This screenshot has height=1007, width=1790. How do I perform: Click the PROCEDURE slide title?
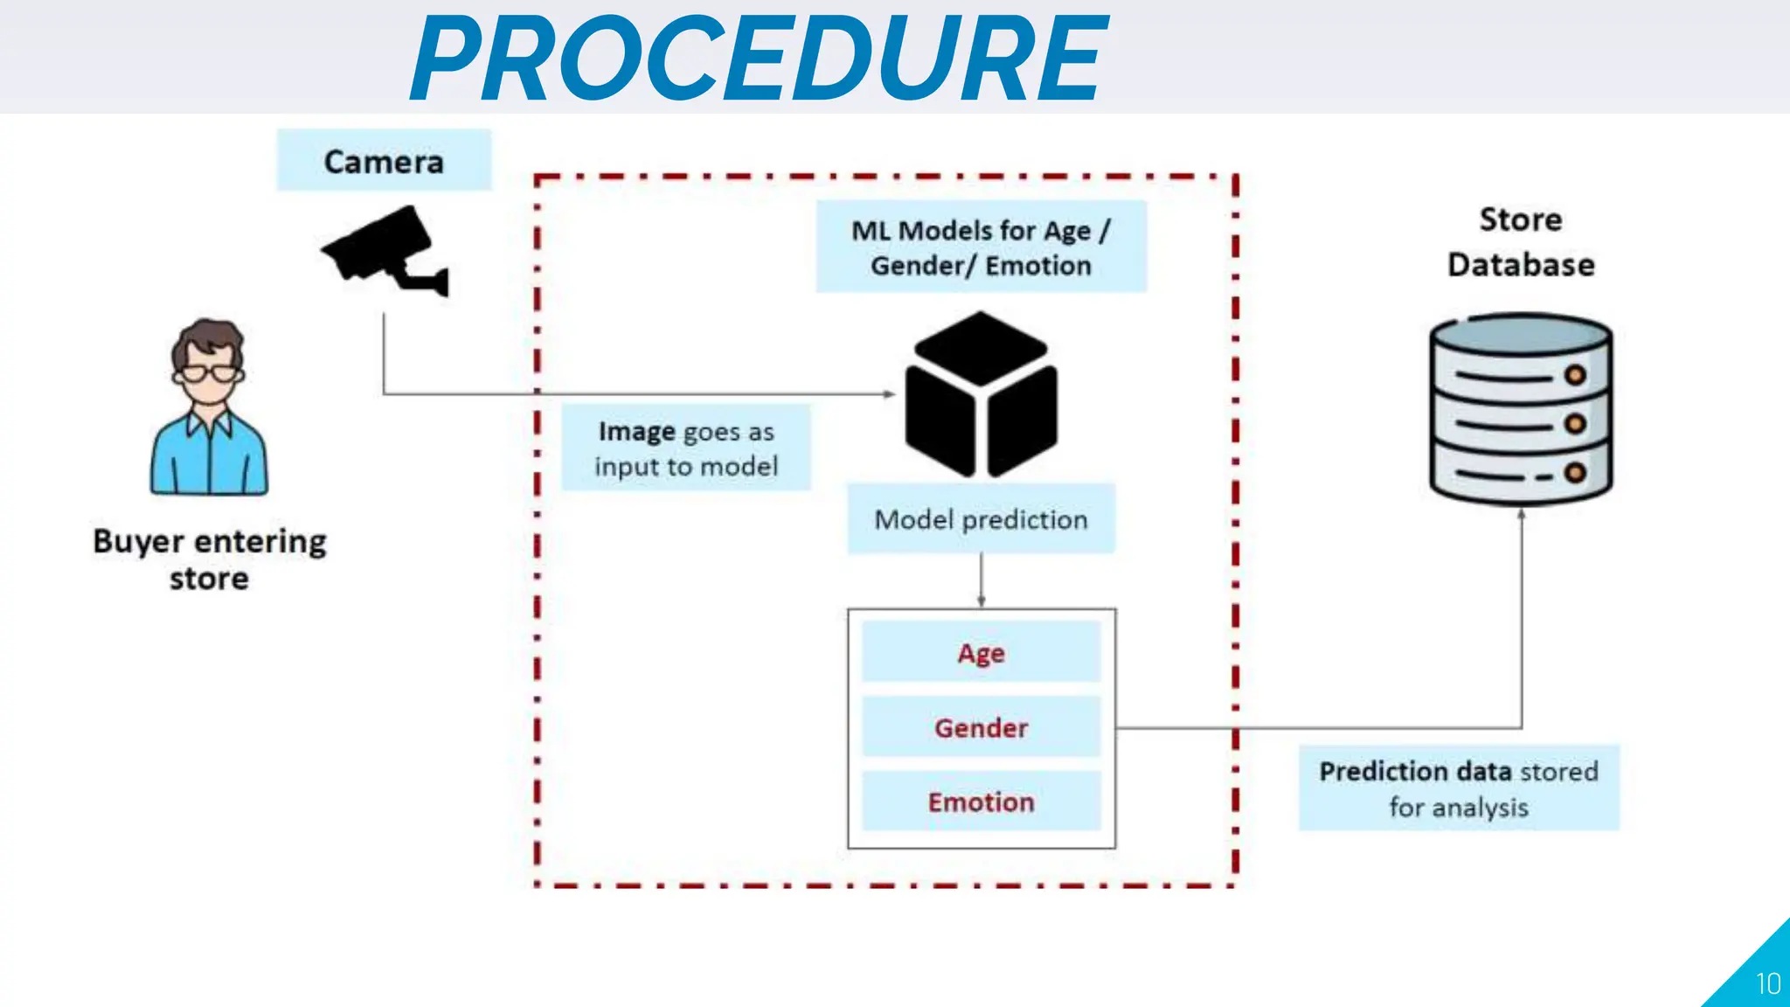(x=759, y=59)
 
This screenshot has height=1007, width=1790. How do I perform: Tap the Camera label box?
(x=384, y=161)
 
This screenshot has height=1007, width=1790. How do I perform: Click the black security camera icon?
(x=385, y=250)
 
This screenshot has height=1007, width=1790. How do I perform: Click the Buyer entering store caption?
(x=210, y=559)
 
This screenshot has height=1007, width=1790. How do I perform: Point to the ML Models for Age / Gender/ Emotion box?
(x=981, y=247)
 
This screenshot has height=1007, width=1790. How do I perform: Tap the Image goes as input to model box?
(x=686, y=448)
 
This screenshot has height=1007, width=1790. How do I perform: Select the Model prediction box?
(x=981, y=519)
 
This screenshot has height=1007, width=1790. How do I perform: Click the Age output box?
(x=981, y=652)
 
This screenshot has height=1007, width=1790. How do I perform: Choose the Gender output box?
(x=981, y=727)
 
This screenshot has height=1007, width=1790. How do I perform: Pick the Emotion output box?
(x=981, y=802)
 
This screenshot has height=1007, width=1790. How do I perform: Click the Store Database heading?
(x=1521, y=242)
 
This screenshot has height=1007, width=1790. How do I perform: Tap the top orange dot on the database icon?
(x=1575, y=376)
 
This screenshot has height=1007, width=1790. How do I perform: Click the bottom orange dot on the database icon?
(x=1575, y=473)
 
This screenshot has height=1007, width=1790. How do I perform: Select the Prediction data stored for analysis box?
(x=1459, y=788)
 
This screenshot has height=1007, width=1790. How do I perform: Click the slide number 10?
(x=1767, y=984)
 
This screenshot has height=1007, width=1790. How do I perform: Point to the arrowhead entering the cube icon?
(x=889, y=394)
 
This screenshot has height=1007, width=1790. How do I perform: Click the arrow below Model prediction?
(x=981, y=581)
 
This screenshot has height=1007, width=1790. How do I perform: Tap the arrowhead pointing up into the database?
(x=1522, y=515)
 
